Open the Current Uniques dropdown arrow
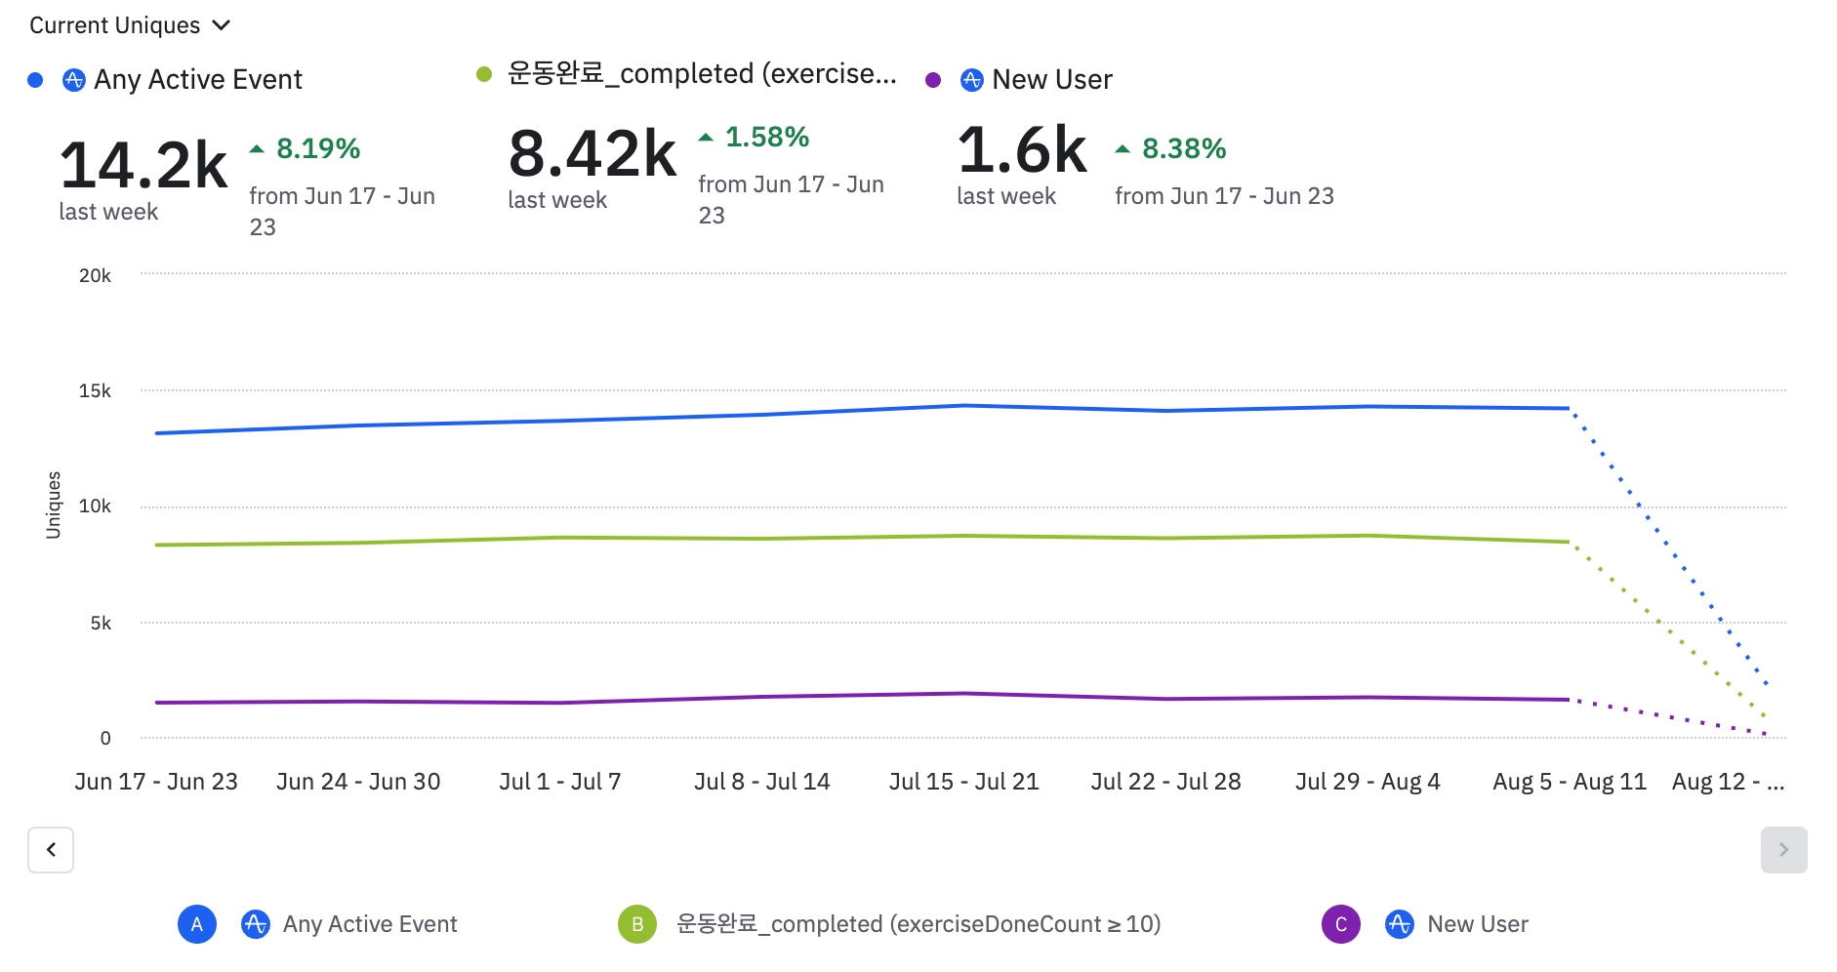click(x=222, y=25)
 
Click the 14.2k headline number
click(x=143, y=164)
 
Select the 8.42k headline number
click(x=592, y=153)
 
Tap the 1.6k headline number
click(x=1022, y=149)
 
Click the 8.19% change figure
click(x=318, y=148)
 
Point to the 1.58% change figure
click(x=767, y=137)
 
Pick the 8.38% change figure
click(x=1184, y=148)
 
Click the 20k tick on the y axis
click(x=95, y=275)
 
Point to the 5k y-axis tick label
click(x=101, y=623)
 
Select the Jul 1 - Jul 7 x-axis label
click(x=559, y=782)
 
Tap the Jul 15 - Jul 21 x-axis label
click(x=963, y=782)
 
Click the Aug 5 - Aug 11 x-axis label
click(x=1569, y=782)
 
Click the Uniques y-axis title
click(x=54, y=505)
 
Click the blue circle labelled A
click(x=197, y=924)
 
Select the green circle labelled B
click(x=637, y=924)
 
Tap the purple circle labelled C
click(x=1340, y=924)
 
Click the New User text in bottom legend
click(x=1477, y=924)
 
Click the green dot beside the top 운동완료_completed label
click(x=484, y=74)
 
